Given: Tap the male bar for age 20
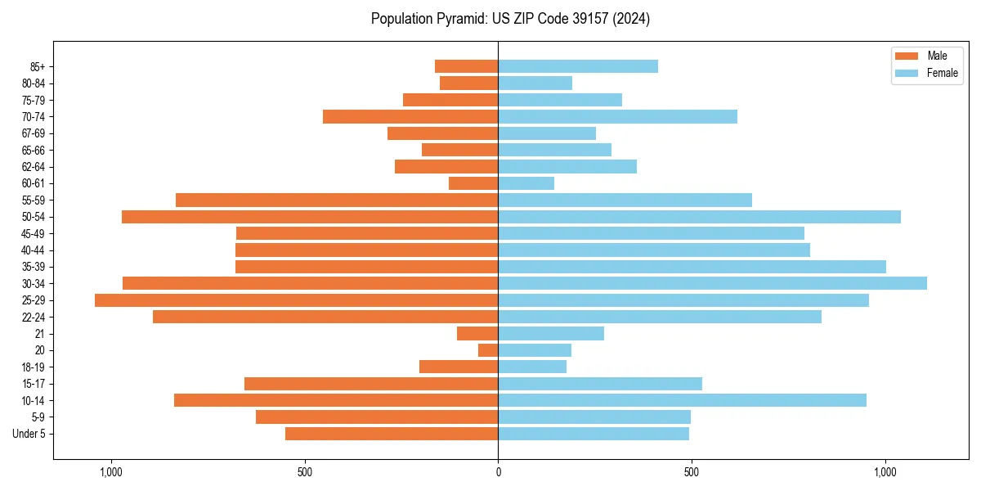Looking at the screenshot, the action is point(488,350).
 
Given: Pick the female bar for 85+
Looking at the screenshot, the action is point(578,66).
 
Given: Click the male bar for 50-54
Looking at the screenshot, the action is point(310,217).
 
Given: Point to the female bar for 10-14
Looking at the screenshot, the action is point(682,400).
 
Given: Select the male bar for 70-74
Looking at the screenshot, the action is point(410,116).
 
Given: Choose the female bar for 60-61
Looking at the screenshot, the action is point(526,183).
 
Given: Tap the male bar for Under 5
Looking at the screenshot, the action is point(392,434).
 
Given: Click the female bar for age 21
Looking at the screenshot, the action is point(551,334).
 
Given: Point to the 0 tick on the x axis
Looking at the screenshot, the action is point(498,472).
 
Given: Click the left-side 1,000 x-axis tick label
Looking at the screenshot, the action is point(110,472).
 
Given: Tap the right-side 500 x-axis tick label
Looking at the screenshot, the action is point(692,472).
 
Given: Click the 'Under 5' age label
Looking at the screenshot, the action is point(29,434).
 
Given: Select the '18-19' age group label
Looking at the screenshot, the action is point(34,367).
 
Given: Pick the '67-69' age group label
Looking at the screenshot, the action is point(34,133).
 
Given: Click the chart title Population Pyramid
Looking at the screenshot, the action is point(510,19).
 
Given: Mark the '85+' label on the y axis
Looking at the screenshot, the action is point(38,66).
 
